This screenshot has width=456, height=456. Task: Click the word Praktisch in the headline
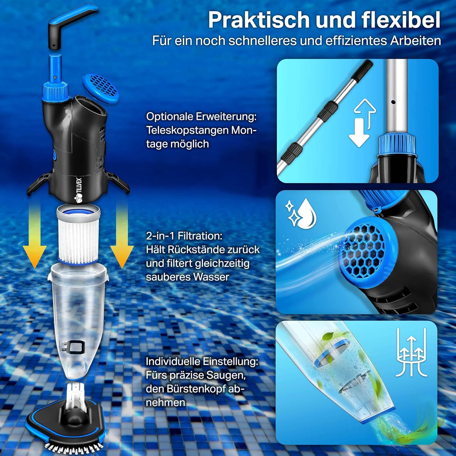click(258, 20)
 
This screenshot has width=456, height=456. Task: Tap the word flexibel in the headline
click(401, 20)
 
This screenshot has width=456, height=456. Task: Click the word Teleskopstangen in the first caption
click(187, 130)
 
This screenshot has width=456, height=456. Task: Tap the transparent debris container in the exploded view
click(78, 322)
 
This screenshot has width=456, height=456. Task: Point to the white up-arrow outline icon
click(366, 114)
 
